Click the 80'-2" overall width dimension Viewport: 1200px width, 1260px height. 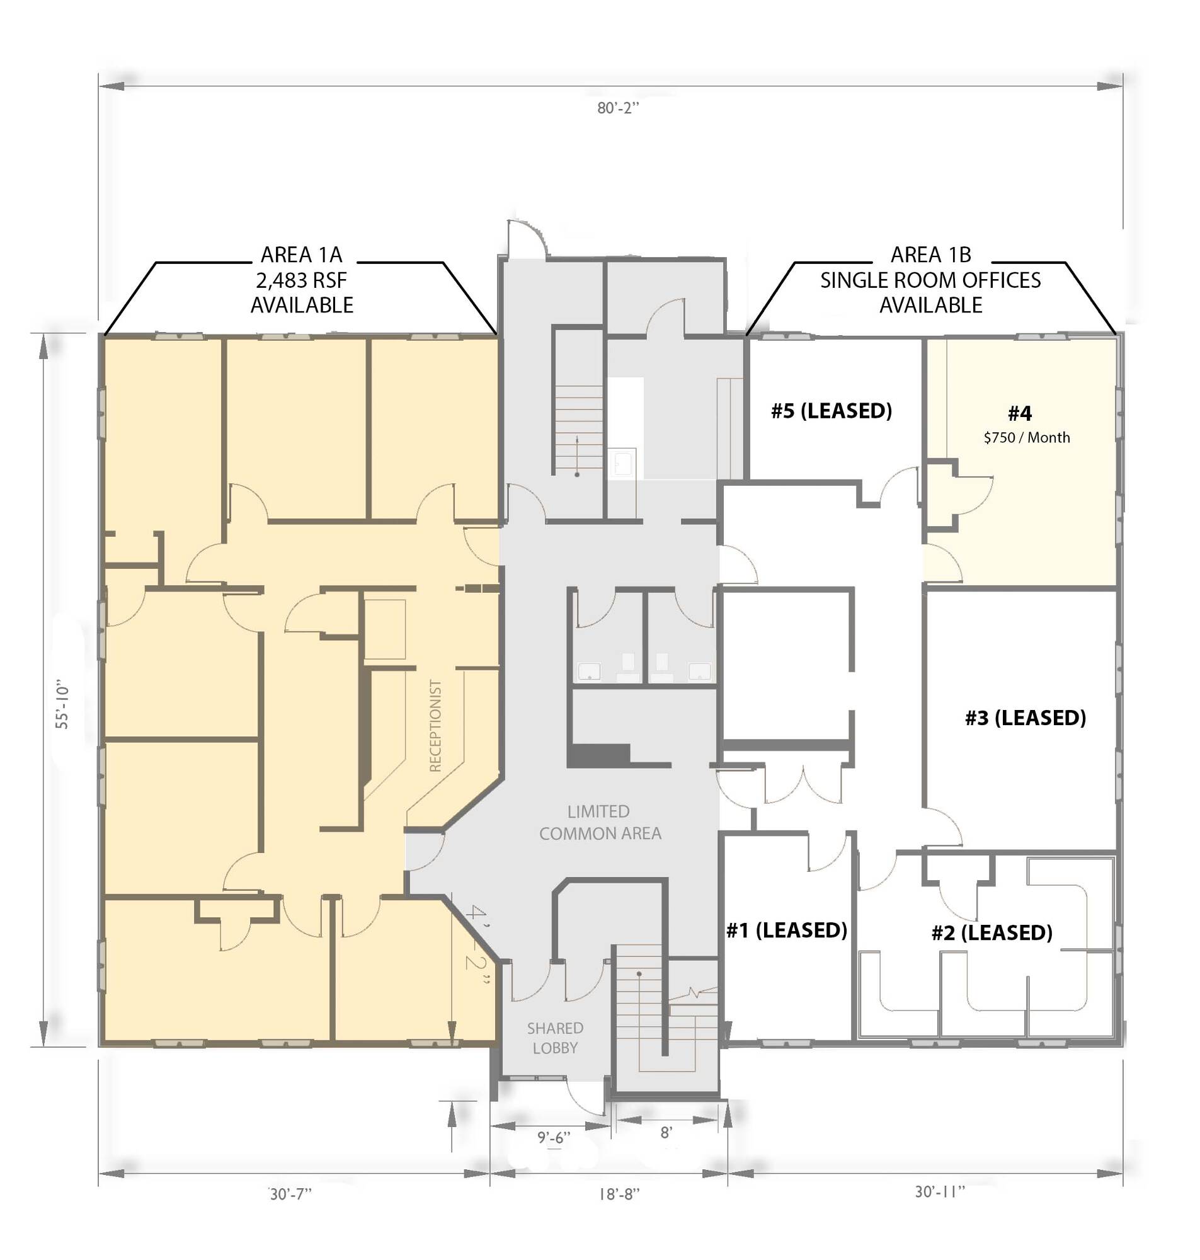(x=618, y=108)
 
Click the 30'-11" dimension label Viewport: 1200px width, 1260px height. (x=939, y=1191)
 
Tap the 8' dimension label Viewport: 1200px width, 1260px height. (x=666, y=1133)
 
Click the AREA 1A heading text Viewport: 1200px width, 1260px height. (x=301, y=255)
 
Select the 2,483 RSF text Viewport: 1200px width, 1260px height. (x=301, y=280)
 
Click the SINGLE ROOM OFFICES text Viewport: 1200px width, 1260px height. (x=930, y=280)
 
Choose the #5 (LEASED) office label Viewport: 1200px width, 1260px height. (x=831, y=411)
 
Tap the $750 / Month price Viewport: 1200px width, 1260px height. (x=1026, y=437)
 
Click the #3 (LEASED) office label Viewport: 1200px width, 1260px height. (x=1025, y=718)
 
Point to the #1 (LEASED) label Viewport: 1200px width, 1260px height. (x=786, y=930)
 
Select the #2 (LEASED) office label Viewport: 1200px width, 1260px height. (x=991, y=932)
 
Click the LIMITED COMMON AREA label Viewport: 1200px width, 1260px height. (x=599, y=822)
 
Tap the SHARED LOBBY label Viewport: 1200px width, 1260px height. (x=554, y=1038)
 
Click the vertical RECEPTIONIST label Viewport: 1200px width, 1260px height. (x=436, y=725)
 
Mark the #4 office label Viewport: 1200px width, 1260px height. (x=1020, y=414)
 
